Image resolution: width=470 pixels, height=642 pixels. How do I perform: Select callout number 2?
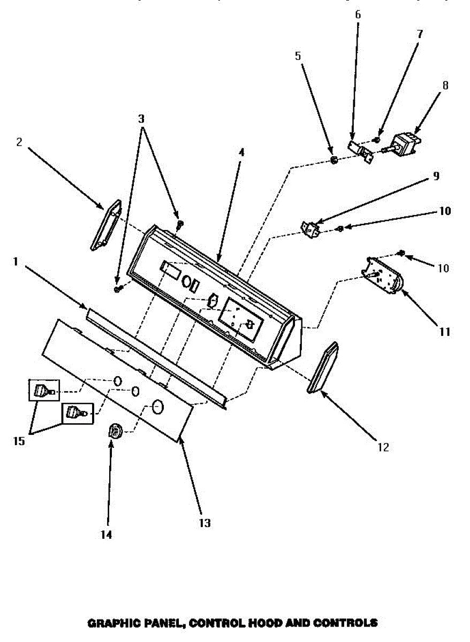19,142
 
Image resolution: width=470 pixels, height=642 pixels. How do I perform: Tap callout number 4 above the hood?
241,152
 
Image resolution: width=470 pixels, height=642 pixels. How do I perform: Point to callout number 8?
445,85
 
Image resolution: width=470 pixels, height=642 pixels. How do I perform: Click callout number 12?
383,447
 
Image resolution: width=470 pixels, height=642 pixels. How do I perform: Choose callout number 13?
204,523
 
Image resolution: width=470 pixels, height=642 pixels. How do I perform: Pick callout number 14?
107,533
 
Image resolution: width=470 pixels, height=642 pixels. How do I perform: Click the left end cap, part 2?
106,225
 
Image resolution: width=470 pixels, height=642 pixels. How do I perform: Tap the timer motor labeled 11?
384,274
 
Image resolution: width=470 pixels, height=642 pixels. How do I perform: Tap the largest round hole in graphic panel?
157,407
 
